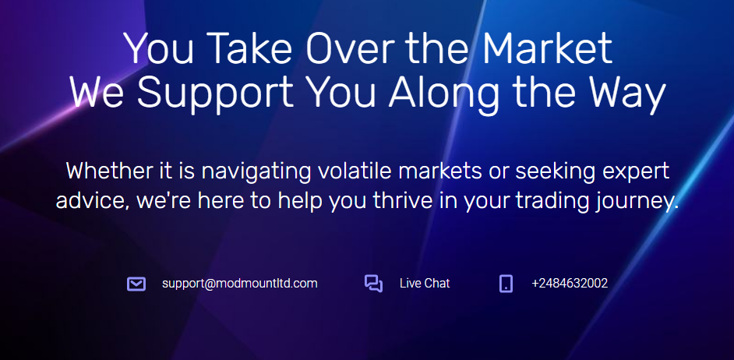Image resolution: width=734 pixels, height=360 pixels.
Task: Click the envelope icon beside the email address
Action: point(136,284)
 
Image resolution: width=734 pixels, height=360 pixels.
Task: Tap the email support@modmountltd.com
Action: point(240,283)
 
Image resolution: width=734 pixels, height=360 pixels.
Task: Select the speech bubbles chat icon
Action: point(373,284)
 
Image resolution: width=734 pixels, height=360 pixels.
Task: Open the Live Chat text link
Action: point(425,283)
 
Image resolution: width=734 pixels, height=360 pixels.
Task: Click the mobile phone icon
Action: point(506,284)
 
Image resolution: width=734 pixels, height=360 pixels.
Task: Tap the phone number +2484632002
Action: point(570,283)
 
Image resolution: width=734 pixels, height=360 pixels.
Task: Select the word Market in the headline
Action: point(548,48)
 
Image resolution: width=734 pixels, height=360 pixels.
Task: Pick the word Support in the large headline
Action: point(215,96)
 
